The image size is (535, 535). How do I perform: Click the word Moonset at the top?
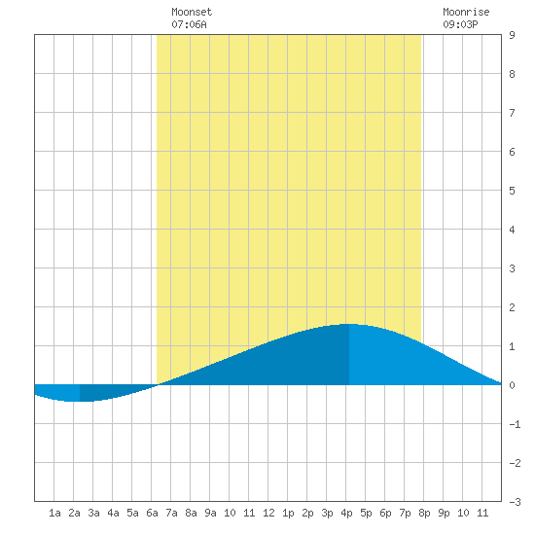point(192,12)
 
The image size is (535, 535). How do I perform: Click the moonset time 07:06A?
point(189,24)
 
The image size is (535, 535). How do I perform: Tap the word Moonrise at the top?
point(466,12)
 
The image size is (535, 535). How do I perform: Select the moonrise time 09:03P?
point(460,24)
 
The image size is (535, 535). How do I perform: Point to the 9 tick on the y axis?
point(512,35)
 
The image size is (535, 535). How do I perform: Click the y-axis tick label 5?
point(512,191)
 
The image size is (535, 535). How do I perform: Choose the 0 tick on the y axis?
point(512,385)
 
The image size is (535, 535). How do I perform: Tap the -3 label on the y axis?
point(515,502)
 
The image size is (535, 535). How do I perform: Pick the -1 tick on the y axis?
point(515,424)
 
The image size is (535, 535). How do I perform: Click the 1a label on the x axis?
point(54,513)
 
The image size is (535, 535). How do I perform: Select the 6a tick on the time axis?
point(152,513)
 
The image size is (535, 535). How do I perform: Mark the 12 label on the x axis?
point(268,513)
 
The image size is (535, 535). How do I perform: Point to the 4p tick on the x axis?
point(346,513)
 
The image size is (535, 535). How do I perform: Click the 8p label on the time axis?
point(424,513)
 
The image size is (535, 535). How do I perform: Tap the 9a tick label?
point(210,513)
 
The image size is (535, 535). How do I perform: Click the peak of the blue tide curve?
point(348,324)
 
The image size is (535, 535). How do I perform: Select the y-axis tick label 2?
point(512,307)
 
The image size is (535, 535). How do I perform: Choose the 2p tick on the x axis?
point(307,513)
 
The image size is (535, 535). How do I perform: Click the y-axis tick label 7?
point(512,113)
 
